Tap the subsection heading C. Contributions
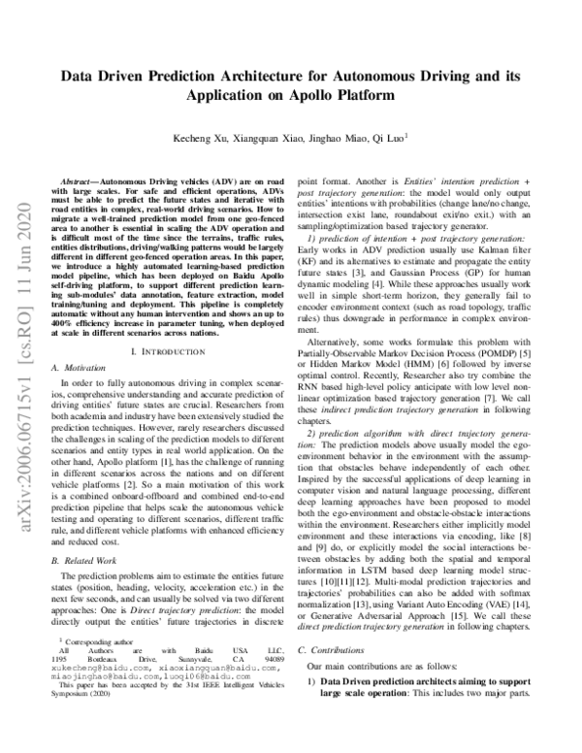(336, 675)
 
